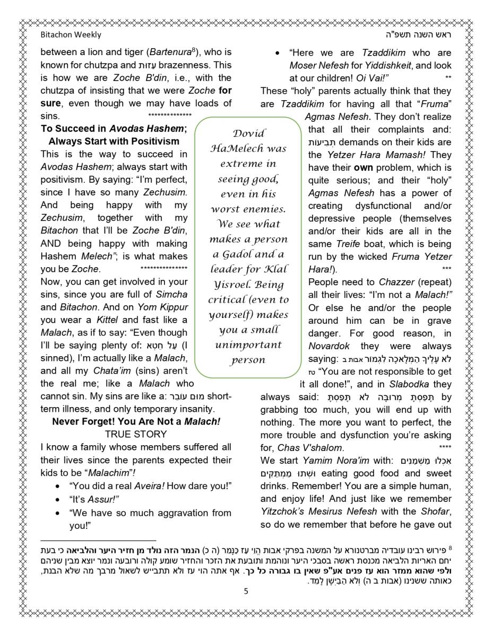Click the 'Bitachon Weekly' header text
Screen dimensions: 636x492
pyautogui.click(x=71, y=35)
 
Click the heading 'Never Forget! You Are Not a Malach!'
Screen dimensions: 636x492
pyautogui.click(x=136, y=422)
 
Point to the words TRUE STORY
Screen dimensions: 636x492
pyautogui.click(x=136, y=435)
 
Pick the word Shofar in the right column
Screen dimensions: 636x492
pyautogui.click(x=438, y=511)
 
